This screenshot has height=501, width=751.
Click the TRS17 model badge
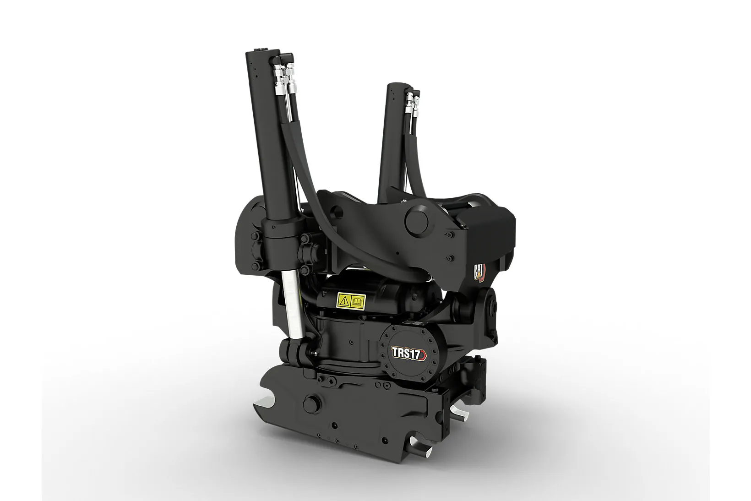pyautogui.click(x=408, y=354)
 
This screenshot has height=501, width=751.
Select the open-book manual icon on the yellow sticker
pyautogui.click(x=357, y=300)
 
